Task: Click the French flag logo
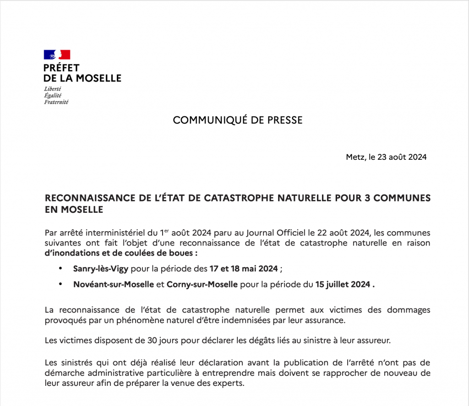point(57,54)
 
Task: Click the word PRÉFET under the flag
point(61,68)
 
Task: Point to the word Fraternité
point(56,102)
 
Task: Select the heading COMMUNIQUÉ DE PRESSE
point(238,120)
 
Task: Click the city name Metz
point(355,157)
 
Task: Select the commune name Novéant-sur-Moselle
point(113,284)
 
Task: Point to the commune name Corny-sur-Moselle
point(202,284)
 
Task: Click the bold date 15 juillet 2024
point(343,284)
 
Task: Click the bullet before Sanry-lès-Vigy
point(60,268)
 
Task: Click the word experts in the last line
point(226,382)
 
